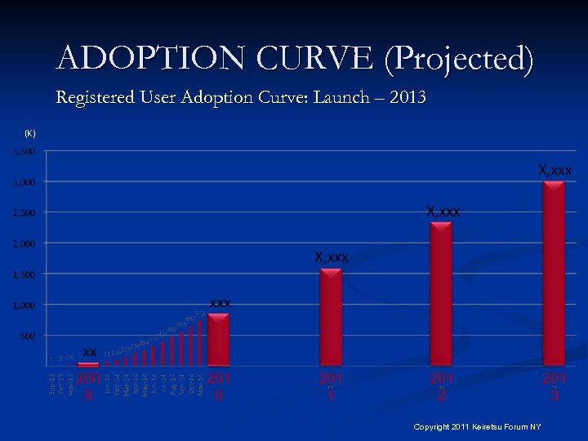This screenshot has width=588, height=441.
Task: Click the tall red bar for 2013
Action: click(x=554, y=274)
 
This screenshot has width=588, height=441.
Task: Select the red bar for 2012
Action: click(x=441, y=294)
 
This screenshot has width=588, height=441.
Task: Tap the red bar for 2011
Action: click(x=331, y=317)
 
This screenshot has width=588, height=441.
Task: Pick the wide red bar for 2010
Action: click(x=218, y=340)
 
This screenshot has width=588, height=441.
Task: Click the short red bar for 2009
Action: click(x=88, y=363)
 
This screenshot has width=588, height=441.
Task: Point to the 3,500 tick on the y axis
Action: click(x=23, y=152)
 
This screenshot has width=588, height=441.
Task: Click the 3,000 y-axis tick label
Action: click(x=23, y=182)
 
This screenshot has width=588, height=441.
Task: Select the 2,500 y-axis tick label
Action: click(x=23, y=213)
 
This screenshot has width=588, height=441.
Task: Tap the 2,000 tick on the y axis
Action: click(x=23, y=243)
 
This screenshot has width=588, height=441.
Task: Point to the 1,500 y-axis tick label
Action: click(x=23, y=274)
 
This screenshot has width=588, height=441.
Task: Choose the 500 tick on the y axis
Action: click(x=26, y=336)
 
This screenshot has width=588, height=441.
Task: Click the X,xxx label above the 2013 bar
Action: click(x=555, y=170)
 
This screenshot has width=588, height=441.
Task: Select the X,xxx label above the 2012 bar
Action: click(x=443, y=212)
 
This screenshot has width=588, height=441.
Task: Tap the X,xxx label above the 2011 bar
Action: click(x=332, y=257)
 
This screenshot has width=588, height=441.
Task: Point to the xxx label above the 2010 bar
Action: click(x=220, y=303)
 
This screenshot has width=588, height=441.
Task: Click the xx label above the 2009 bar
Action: click(x=90, y=351)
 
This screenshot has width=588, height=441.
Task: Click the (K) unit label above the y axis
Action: click(x=29, y=133)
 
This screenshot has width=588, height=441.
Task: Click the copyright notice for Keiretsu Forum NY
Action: click(x=477, y=427)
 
